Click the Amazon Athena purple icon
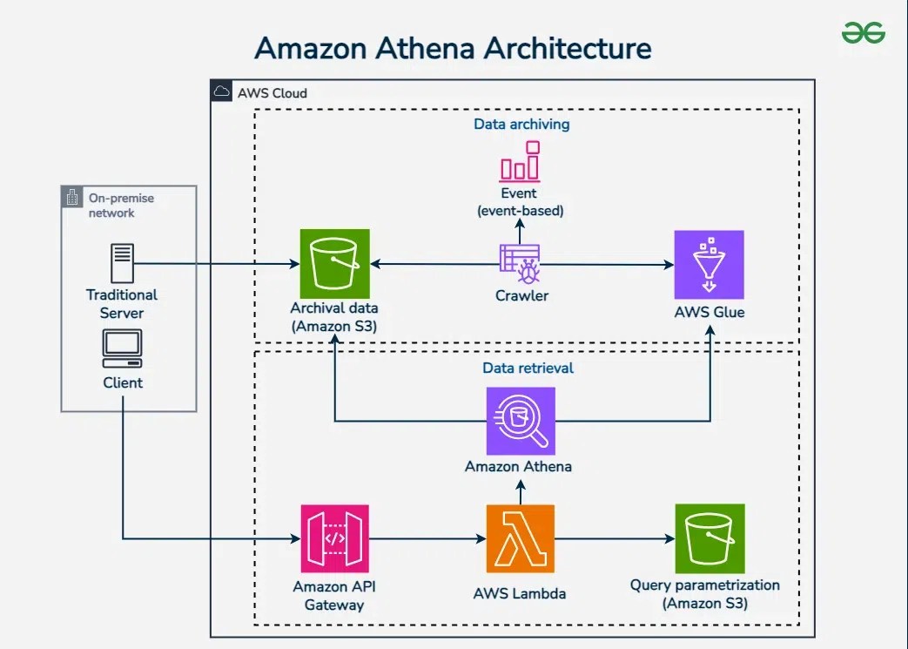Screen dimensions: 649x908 pyautogui.click(x=520, y=421)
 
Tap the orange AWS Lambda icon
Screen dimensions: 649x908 pyautogui.click(x=520, y=538)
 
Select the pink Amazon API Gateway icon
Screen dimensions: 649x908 pyautogui.click(x=334, y=538)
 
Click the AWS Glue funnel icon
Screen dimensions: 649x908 pyautogui.click(x=709, y=264)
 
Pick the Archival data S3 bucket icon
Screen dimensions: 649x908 pyautogui.click(x=334, y=263)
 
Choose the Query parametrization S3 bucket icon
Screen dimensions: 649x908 pyautogui.click(x=709, y=537)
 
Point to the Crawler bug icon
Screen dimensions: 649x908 pyautogui.click(x=520, y=264)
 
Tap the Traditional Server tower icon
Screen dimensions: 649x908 pyautogui.click(x=122, y=264)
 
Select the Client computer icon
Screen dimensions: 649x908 pyautogui.click(x=122, y=348)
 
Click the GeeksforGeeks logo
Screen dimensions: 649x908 pyautogui.click(x=863, y=34)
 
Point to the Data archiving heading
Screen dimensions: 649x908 pyautogui.click(x=521, y=124)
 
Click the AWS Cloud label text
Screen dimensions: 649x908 pyautogui.click(x=272, y=93)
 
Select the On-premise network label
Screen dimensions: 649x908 pyautogui.click(x=121, y=205)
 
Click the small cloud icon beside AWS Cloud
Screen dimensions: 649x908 pyautogui.click(x=222, y=92)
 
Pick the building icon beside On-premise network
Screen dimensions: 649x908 pyautogui.click(x=72, y=198)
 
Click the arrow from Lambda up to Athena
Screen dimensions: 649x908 pyautogui.click(x=520, y=492)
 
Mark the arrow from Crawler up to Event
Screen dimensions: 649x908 pyautogui.click(x=520, y=231)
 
